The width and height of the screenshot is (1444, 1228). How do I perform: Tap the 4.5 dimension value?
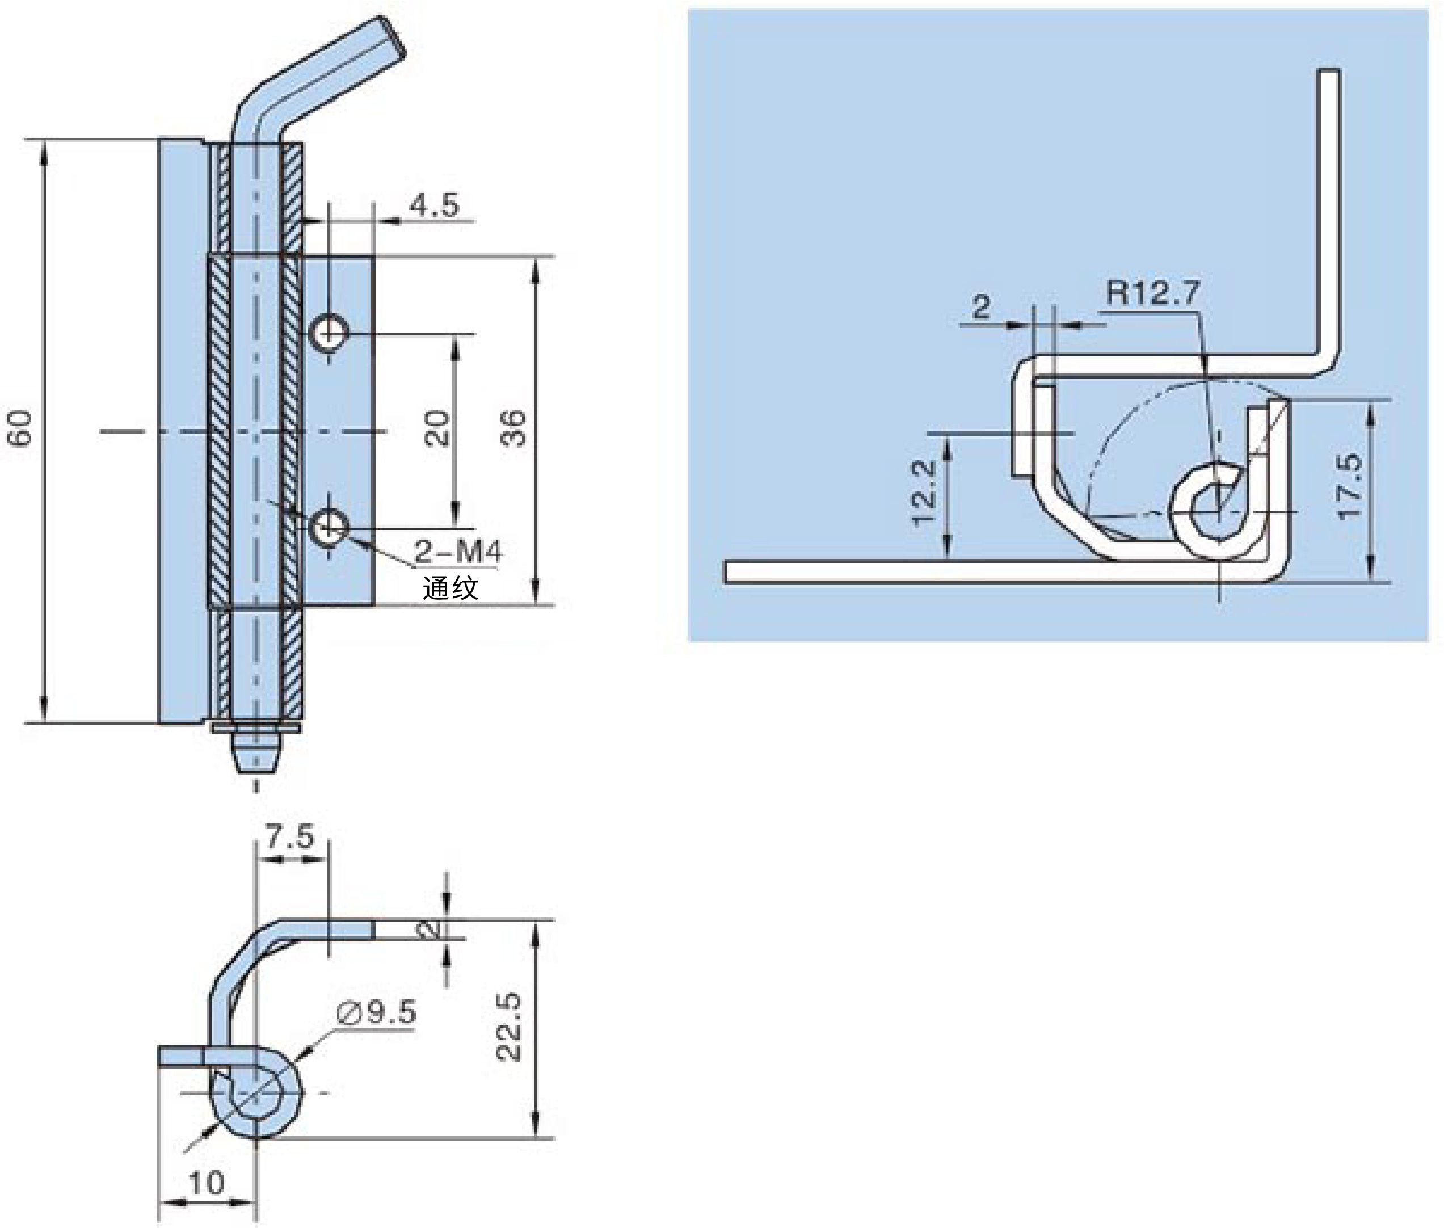434,205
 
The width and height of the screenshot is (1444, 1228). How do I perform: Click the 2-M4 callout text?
458,552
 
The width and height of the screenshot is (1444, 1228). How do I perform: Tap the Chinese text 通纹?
451,588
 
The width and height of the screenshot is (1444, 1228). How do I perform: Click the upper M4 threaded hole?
329,334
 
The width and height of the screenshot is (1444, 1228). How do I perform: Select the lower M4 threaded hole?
329,528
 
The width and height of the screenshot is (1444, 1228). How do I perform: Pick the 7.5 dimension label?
289,835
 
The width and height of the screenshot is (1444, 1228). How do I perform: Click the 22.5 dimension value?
509,1026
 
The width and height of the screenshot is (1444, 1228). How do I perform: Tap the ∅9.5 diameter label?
377,1012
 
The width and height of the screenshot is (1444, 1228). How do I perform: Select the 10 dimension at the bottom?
206,1183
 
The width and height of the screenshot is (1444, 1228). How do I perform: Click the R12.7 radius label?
1153,292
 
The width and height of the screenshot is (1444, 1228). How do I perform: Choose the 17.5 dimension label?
1350,485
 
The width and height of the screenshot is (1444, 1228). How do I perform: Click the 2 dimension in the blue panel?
981,306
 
